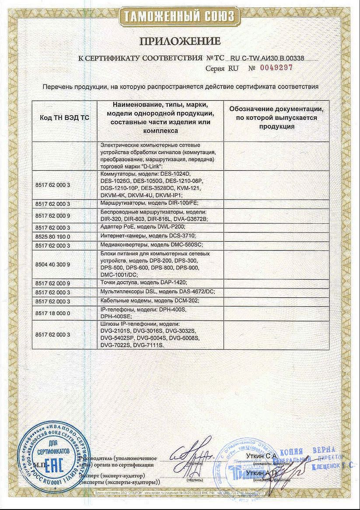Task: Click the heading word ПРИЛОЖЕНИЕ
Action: click(x=180, y=42)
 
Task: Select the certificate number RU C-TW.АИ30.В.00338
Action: click(x=267, y=58)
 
